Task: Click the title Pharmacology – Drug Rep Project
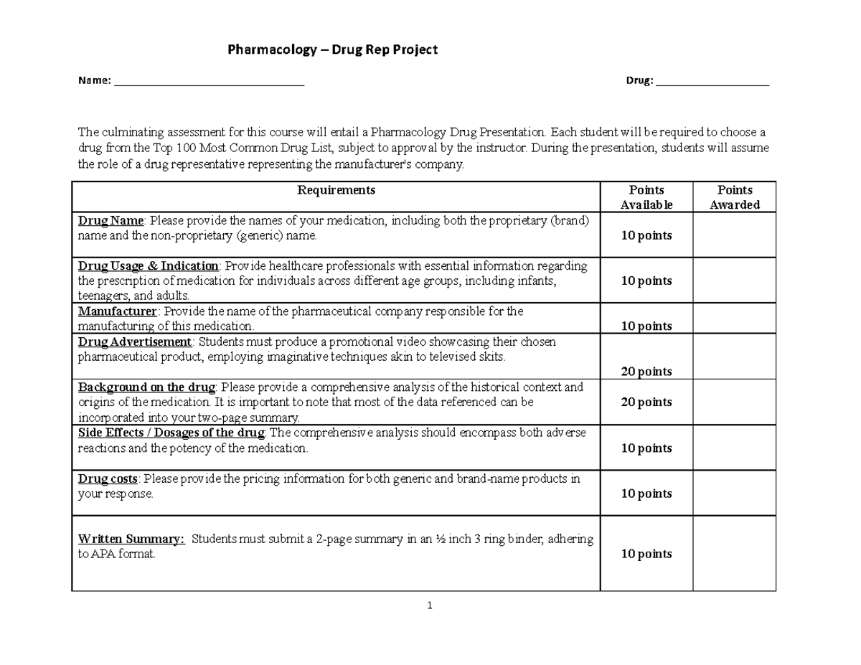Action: click(332, 49)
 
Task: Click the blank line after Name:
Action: click(209, 82)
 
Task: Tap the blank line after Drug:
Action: click(712, 82)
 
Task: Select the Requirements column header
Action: click(336, 190)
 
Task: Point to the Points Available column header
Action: click(646, 197)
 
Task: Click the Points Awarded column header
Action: click(735, 197)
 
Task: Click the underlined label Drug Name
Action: click(111, 220)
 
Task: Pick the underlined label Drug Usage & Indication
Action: click(149, 266)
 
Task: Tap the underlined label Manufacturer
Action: click(117, 311)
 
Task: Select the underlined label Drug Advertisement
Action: click(135, 341)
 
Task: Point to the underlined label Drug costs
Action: click(108, 478)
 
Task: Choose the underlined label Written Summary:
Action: click(131, 539)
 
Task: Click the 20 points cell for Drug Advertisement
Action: click(646, 371)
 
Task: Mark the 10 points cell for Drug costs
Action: click(646, 494)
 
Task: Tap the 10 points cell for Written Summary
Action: click(646, 554)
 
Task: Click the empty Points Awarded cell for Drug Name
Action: click(735, 235)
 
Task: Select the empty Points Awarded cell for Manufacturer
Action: click(735, 319)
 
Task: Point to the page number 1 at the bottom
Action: click(429, 606)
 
